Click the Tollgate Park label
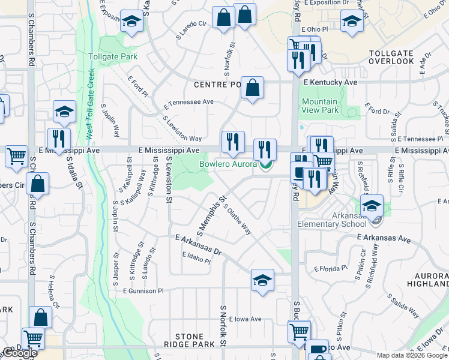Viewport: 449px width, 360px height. point(113,57)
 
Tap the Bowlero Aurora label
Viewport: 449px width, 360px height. point(228,164)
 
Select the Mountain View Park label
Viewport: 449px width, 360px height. point(320,106)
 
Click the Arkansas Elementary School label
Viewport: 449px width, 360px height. point(332,220)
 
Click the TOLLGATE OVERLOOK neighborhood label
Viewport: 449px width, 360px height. point(391,57)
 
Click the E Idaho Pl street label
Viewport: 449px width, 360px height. point(196,257)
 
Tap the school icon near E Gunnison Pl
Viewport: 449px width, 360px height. point(262,281)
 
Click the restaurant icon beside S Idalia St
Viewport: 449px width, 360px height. point(59,139)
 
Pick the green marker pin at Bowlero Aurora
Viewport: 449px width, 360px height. point(266,164)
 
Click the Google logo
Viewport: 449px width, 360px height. point(20,353)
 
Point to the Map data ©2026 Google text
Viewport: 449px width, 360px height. point(412,355)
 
